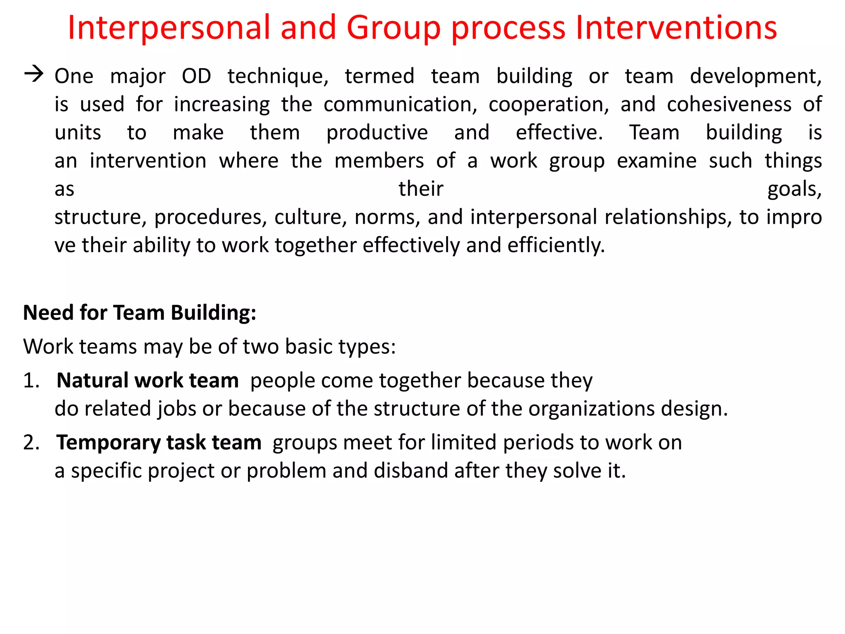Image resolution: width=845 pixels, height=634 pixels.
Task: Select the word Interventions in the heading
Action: click(x=676, y=28)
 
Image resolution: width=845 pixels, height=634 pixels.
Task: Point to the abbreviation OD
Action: click(x=196, y=76)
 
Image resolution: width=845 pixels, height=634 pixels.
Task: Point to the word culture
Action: click(x=310, y=218)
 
